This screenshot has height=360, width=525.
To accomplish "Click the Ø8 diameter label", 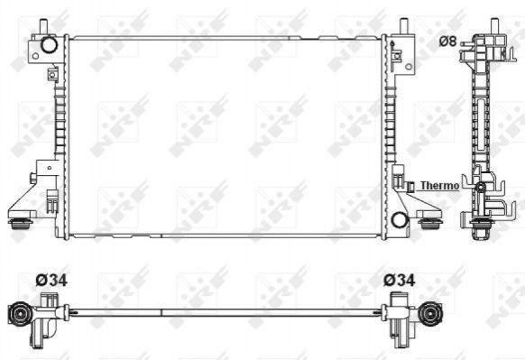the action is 447,41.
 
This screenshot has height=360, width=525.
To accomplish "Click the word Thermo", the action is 439,186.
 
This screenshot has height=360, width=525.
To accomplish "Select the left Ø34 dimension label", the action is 51,281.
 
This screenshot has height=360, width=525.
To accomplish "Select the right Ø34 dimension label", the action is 400,281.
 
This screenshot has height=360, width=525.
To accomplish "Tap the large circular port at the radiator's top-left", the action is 50,45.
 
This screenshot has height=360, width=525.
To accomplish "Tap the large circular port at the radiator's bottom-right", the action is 400,219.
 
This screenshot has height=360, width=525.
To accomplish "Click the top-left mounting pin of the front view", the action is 43,26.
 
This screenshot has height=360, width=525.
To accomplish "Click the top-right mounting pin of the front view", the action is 404,26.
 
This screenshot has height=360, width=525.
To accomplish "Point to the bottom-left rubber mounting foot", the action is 21,224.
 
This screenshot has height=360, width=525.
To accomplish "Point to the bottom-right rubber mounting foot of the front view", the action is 429,224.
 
